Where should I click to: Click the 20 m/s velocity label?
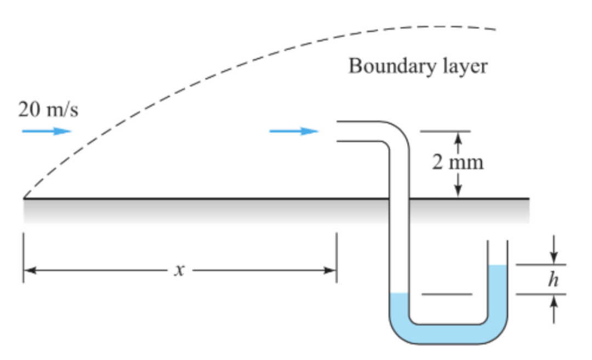point(48,110)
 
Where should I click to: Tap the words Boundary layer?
point(418,66)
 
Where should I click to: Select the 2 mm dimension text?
point(458,163)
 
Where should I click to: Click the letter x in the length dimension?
point(177,270)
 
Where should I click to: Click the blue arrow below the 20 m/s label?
point(47,131)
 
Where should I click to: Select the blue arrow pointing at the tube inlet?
point(294,131)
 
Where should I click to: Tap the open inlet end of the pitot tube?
point(338,132)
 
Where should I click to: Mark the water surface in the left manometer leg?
point(399,294)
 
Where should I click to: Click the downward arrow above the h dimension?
point(554,253)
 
